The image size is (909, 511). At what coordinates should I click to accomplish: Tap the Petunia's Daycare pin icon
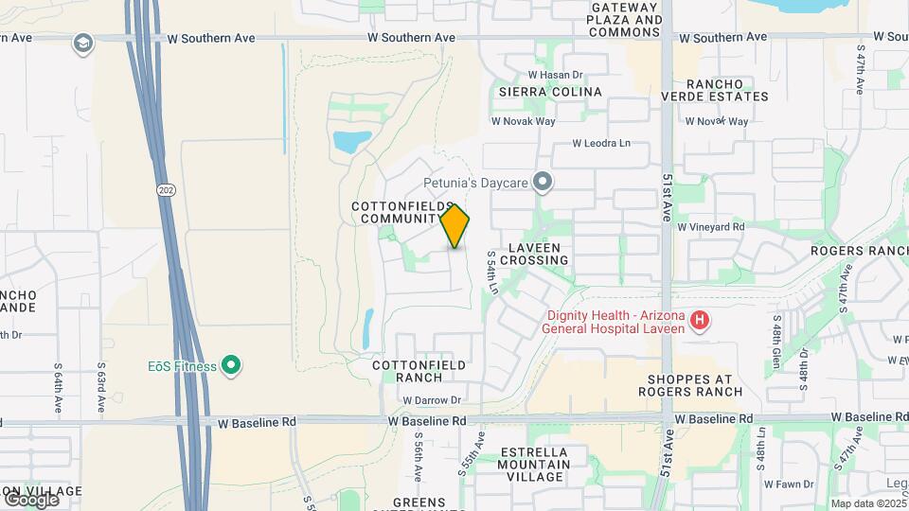pos(543,180)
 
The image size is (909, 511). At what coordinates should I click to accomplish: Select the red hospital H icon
pos(700,321)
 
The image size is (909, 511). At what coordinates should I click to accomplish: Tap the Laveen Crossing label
pos(538,253)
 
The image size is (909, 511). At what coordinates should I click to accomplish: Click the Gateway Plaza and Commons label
pos(624,19)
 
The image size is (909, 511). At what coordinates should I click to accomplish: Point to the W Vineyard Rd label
pos(713,227)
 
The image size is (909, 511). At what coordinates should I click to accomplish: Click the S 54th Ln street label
pos(491,272)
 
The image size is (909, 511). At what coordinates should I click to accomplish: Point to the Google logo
pos(30,499)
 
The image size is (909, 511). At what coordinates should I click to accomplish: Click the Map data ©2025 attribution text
pos(868,503)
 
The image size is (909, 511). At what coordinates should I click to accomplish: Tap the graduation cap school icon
pos(83,44)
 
